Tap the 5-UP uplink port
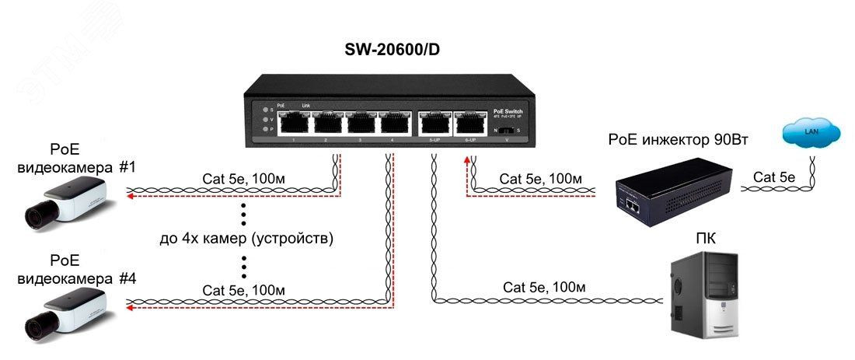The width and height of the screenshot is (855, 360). (x=433, y=123)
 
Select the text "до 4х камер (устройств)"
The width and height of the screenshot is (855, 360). (x=246, y=239)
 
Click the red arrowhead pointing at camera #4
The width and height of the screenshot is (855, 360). (x=130, y=308)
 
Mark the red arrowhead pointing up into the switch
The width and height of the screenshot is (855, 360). (x=467, y=161)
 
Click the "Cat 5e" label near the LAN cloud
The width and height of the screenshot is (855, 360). (x=769, y=178)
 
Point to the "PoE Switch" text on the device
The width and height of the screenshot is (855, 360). (x=508, y=111)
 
